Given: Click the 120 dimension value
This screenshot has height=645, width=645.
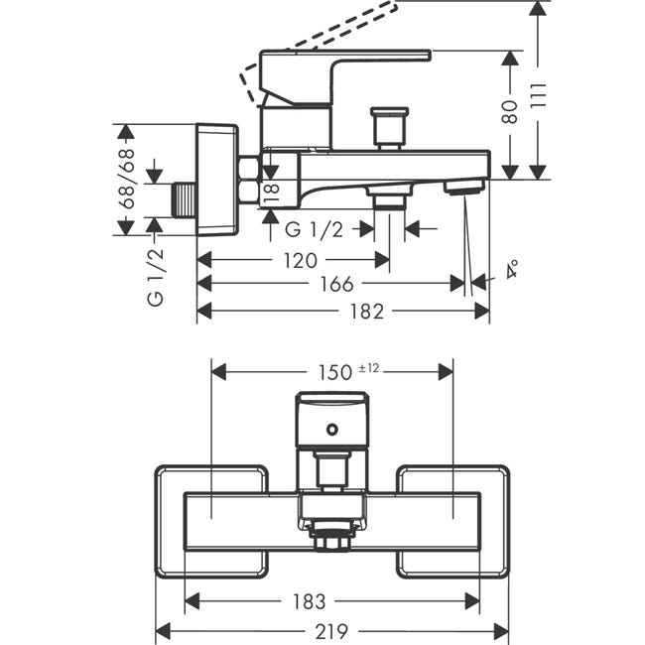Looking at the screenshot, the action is pos(301,260).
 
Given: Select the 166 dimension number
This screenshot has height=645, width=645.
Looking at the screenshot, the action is pos(337,284).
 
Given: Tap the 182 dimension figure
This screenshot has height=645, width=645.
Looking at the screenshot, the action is pos(366,312).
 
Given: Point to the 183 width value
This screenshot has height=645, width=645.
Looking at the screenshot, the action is pos(309,601).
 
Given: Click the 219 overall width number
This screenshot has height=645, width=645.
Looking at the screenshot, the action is pos(331,631).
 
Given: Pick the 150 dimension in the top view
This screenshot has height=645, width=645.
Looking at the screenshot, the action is pos(335,373).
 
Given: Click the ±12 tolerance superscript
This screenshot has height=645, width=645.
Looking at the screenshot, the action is pos(368,368).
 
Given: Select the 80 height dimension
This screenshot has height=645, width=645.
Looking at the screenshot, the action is pos(510,111).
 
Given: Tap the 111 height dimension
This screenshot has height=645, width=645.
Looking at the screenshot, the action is pos(538,96).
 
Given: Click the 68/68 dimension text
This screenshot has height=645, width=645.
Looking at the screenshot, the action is pos(128,179).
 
